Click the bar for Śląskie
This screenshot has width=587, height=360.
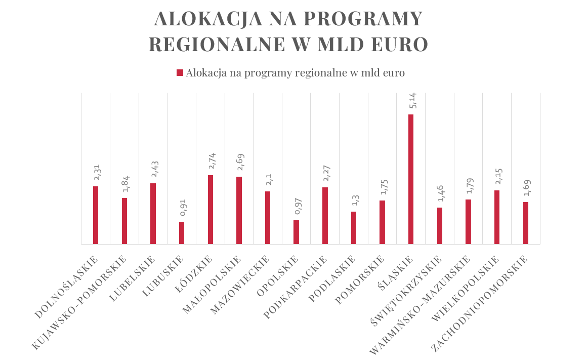point(411,179)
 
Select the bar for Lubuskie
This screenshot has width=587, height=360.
point(182,233)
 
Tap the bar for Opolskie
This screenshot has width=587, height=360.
point(296,232)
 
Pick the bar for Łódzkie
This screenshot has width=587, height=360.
point(210,210)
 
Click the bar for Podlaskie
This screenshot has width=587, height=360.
point(354,228)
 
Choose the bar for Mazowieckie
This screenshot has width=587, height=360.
point(268,218)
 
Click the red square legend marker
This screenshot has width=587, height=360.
point(180,73)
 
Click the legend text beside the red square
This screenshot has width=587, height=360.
point(295,73)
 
